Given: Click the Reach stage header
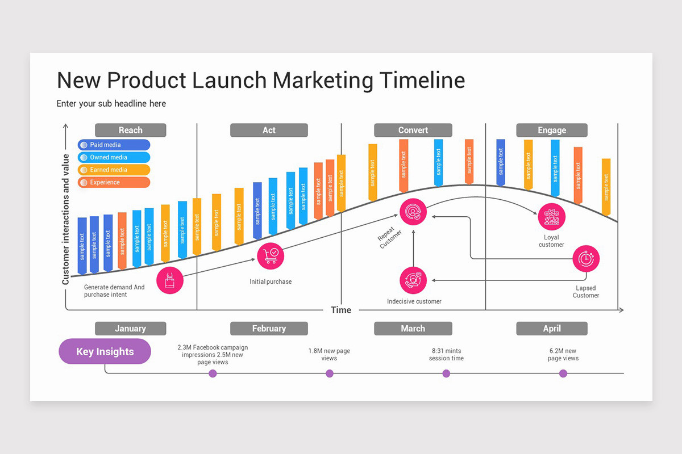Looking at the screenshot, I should (130, 130).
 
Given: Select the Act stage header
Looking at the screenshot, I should (269, 130).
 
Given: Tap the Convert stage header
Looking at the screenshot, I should (413, 130).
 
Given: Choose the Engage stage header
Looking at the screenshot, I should (551, 130).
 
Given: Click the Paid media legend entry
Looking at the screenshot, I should (114, 145).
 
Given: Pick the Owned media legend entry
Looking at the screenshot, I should (114, 158).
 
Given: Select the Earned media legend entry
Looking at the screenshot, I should (114, 170).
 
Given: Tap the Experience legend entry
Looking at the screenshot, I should (114, 183).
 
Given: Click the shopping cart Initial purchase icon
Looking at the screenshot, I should (271, 255).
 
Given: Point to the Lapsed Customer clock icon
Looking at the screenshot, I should (585, 259).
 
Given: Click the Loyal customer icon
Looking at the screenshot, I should (551, 217).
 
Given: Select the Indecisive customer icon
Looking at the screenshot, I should (413, 280).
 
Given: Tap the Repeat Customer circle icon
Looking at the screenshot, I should (413, 212).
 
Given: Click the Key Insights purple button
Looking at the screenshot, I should (105, 352).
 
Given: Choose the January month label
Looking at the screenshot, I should (130, 329).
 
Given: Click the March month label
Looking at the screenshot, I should (413, 329).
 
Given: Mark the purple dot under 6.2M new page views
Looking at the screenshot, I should (563, 373).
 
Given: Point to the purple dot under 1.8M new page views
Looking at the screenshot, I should (330, 373).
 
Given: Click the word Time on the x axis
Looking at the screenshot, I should (341, 310).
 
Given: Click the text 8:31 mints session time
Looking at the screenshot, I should (446, 355).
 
